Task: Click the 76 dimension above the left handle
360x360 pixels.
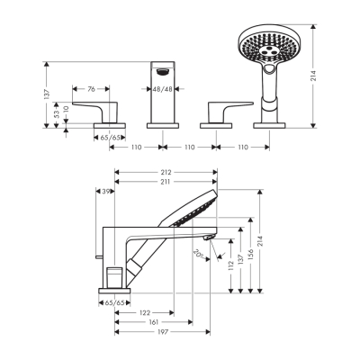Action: point(92,89)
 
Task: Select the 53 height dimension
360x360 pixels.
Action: point(57,114)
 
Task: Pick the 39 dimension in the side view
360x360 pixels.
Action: point(107,192)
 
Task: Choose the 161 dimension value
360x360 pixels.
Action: point(155,322)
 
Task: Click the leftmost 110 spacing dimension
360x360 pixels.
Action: point(138,146)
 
